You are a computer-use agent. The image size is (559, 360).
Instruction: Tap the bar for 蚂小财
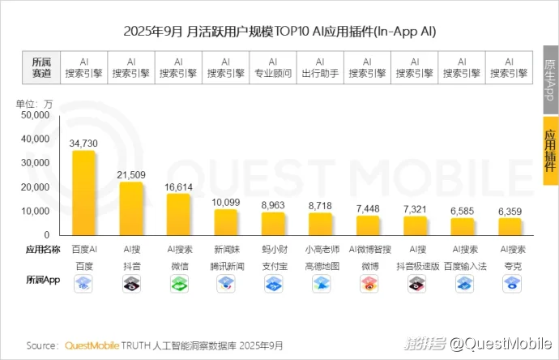point(273,223)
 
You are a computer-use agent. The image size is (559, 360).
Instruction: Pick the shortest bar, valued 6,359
point(510,226)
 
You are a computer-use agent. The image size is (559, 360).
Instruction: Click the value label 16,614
point(178,186)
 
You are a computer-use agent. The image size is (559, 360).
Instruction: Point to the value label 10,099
point(226,202)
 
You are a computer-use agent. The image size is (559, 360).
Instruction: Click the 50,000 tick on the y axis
point(36,115)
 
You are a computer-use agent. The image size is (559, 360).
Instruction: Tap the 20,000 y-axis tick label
point(36,187)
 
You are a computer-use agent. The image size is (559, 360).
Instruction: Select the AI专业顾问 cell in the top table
point(273,67)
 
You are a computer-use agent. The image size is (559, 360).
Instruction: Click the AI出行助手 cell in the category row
point(320,67)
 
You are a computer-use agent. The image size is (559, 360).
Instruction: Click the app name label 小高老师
point(321,250)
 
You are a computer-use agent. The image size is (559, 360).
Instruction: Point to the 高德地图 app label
point(321,265)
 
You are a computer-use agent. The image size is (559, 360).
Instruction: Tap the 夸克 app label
point(510,265)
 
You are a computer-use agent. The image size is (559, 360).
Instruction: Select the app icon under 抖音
point(131,283)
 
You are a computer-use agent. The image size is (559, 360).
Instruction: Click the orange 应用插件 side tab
point(550,147)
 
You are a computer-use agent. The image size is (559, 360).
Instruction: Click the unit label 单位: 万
point(34,103)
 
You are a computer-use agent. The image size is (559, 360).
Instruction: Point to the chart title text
point(279,32)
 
